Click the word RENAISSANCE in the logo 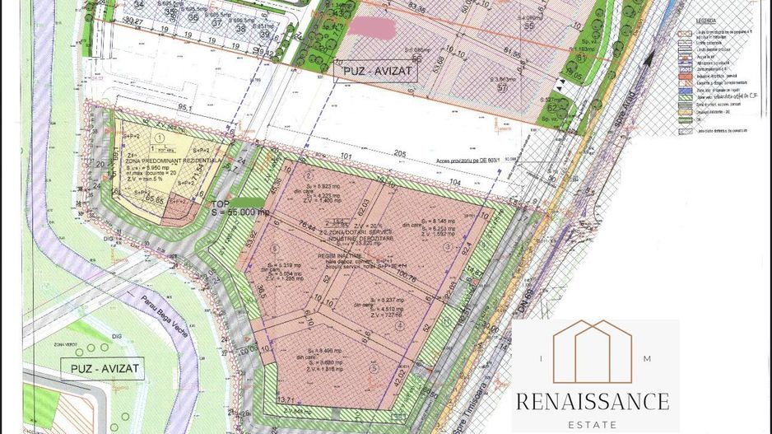click(x=592, y=402)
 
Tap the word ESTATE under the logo click(x=592, y=425)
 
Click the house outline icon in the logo click(x=593, y=352)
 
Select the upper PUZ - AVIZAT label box click(x=376, y=72)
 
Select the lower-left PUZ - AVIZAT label click(x=104, y=367)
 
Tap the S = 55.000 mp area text click(x=241, y=212)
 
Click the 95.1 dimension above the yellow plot click(x=184, y=107)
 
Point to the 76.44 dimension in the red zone click(x=309, y=225)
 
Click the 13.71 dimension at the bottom click(x=286, y=399)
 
